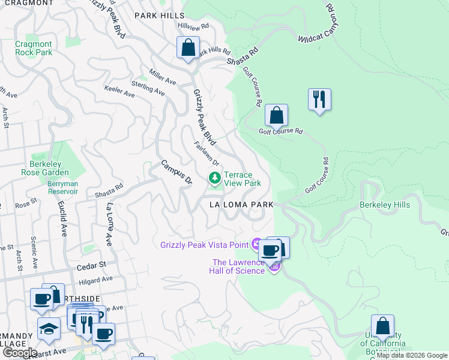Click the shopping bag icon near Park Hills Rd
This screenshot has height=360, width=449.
pos(188,47)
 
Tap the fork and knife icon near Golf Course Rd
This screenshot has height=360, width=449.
pos(319,98)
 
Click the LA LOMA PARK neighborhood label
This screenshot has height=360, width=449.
pos(241,205)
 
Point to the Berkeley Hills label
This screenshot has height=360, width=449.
pos(385,205)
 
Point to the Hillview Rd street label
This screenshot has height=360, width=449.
pos(193,26)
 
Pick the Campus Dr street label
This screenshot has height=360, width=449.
pos(175,172)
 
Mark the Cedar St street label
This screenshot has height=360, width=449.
pos(91,264)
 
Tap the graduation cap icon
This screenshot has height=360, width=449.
pos(49,328)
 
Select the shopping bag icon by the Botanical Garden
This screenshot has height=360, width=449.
pos(382,326)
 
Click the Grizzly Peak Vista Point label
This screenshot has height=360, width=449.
pos(204,244)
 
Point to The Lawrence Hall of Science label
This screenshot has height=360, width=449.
pos(238,266)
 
